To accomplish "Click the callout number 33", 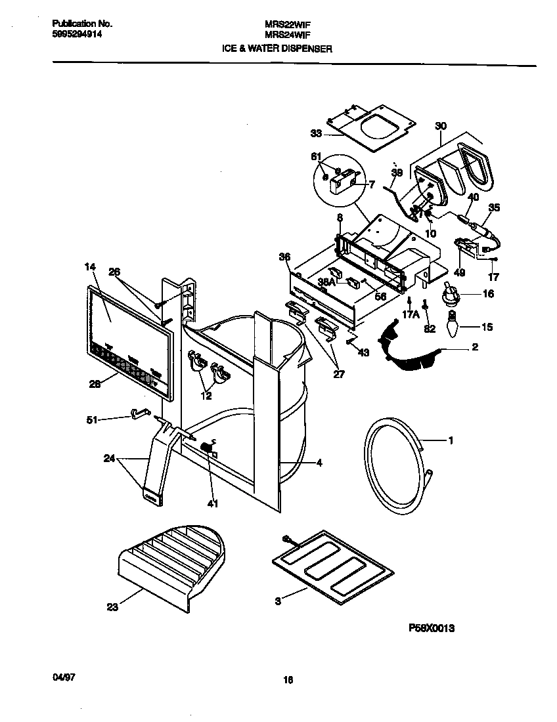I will (x=316, y=133).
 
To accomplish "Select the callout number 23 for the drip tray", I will (x=113, y=607).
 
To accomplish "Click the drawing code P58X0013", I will (x=432, y=628).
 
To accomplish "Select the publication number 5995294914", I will (x=76, y=37).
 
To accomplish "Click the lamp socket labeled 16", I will (x=451, y=294).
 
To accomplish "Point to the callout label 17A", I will (x=411, y=314).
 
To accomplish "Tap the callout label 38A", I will (x=326, y=281).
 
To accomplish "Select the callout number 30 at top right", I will (x=440, y=125).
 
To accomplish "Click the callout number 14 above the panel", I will (x=90, y=267).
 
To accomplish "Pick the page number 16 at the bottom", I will (x=288, y=680).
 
